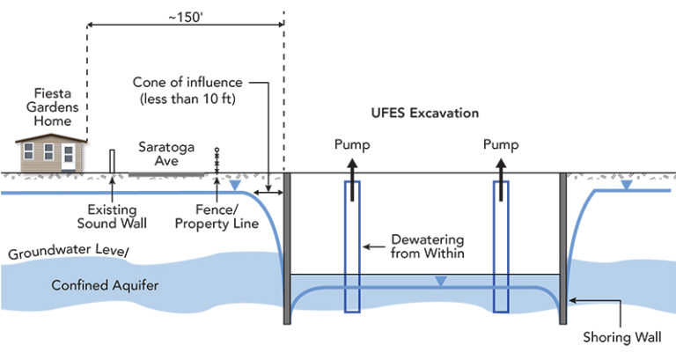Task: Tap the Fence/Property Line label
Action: point(227,217)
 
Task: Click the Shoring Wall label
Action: point(623,336)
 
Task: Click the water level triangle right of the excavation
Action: point(625,185)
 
